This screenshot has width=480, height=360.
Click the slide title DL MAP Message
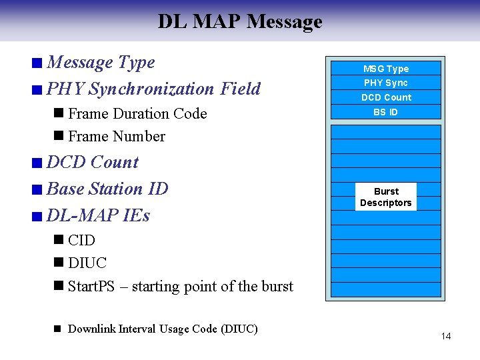click(240, 21)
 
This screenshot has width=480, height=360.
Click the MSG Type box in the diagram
click(386, 69)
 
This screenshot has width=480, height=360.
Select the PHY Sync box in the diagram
click(386, 83)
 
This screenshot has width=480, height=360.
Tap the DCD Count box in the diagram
click(386, 97)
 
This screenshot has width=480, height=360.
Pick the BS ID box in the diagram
click(386, 112)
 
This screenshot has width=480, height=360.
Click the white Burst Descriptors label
click(386, 197)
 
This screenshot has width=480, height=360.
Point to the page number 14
click(445, 336)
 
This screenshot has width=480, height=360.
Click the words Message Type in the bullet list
click(101, 62)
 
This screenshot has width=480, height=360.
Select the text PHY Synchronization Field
click(153, 89)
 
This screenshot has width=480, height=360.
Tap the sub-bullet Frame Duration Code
click(137, 113)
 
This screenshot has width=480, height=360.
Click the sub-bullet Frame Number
click(117, 136)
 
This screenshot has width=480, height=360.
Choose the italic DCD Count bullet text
click(93, 162)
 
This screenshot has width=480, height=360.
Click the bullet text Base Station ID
click(107, 189)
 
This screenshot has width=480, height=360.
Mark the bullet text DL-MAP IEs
click(98, 215)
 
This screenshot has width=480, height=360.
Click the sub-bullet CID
click(81, 240)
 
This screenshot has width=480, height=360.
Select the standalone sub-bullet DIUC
click(87, 263)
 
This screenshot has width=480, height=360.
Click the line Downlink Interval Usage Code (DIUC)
click(163, 329)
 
